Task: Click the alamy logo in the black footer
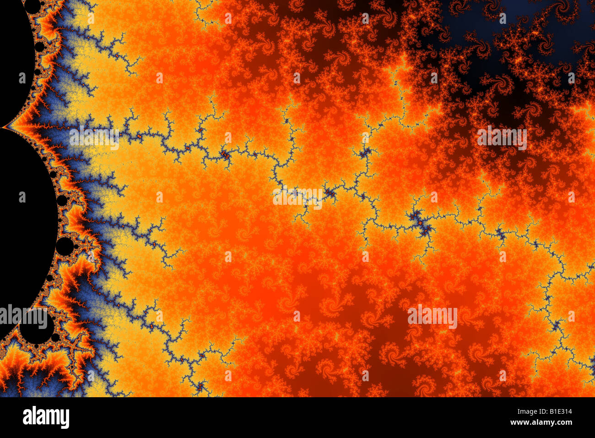[46, 417]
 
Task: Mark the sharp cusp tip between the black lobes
[4, 127]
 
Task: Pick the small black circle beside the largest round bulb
[55, 338]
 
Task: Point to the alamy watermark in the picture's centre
[297, 197]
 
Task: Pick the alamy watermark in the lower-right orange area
[432, 317]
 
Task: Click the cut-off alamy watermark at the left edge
[23, 317]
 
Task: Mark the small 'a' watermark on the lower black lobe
[22, 197]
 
